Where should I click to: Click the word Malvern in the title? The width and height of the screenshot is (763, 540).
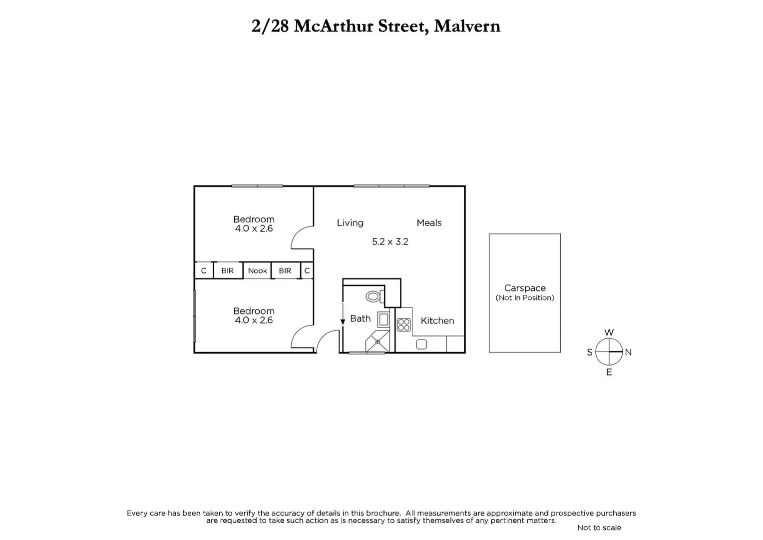[467, 26]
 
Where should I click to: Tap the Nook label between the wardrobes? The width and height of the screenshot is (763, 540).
[257, 270]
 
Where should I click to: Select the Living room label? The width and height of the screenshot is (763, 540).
[350, 223]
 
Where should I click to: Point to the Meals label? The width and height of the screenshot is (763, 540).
[429, 223]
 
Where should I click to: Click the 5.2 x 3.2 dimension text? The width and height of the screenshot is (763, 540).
[390, 241]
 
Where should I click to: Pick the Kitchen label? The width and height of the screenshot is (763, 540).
[437, 321]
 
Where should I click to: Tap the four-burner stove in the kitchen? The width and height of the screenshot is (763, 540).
[403, 325]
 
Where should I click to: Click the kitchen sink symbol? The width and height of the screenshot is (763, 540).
[421, 344]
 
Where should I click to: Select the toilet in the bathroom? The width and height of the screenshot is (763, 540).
[374, 296]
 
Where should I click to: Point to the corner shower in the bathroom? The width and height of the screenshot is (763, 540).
[378, 342]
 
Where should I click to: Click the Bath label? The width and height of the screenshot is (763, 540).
[360, 318]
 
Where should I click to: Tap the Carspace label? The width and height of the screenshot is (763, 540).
[524, 288]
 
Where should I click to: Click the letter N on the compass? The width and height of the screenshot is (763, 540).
[628, 352]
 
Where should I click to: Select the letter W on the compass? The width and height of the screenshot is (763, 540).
[609, 332]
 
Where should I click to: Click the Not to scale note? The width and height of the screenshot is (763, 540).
[599, 527]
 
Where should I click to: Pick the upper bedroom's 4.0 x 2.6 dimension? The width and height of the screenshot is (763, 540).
[254, 228]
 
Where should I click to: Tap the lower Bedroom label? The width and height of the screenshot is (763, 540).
[254, 311]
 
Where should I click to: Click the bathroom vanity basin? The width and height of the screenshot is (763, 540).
[383, 319]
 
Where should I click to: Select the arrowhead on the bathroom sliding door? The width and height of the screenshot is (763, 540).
[343, 322]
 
